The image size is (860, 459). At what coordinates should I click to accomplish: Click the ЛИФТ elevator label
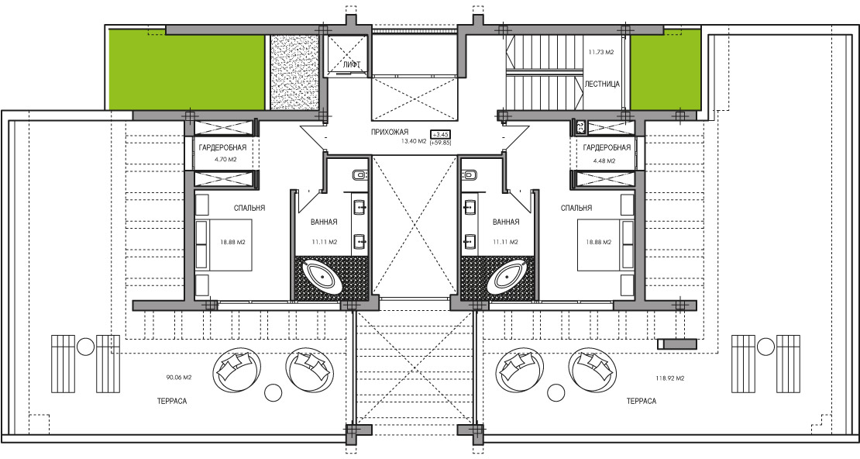point(351,65)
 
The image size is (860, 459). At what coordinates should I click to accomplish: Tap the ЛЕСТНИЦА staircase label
point(602,84)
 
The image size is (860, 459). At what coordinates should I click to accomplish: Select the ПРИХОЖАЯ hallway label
point(390,133)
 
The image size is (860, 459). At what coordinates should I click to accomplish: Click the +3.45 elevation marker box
point(441,134)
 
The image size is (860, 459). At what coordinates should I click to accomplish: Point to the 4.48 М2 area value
point(604,161)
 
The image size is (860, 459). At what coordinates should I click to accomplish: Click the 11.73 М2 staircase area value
point(600,52)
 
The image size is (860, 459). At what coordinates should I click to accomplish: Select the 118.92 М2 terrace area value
point(670,378)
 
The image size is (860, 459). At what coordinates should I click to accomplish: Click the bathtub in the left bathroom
point(325,278)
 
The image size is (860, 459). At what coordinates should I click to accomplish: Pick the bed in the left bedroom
point(223,245)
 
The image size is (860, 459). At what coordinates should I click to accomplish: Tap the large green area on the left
point(187,69)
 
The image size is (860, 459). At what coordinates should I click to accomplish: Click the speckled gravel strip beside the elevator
point(295,72)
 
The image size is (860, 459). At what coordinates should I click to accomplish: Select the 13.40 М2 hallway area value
point(414,141)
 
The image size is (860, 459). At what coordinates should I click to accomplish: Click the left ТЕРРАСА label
point(172,402)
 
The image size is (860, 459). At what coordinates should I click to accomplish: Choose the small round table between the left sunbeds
point(85,347)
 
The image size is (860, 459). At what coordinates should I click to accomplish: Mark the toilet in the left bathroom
point(359,175)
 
